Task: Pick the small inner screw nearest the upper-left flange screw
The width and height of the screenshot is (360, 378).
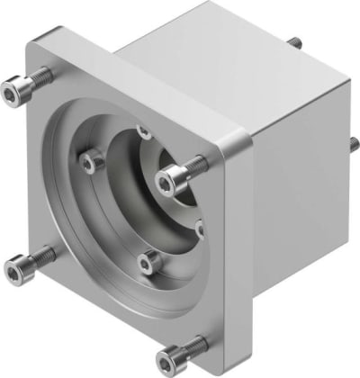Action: (88, 162)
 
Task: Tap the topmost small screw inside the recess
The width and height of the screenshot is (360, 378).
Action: (143, 131)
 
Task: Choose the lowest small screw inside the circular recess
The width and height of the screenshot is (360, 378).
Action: (148, 263)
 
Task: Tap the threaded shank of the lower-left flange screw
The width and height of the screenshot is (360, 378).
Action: (38, 258)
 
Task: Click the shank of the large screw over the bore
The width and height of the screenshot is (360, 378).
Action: (191, 168)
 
